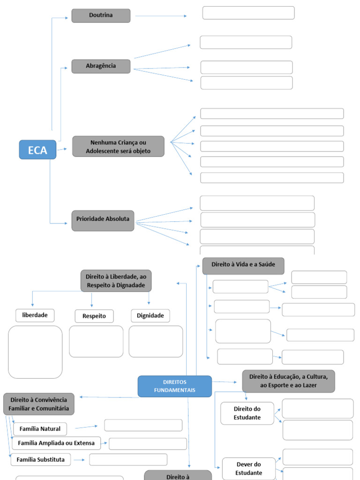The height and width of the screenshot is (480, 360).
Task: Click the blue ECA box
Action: (37, 150)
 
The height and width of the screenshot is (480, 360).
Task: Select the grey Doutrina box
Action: (101, 15)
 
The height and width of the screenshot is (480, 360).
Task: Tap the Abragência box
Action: (101, 66)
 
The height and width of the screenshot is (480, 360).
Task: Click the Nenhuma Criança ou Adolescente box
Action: (118, 146)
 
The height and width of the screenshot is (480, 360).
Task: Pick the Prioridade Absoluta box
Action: (103, 220)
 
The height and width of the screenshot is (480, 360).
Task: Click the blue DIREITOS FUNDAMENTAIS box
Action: (174, 386)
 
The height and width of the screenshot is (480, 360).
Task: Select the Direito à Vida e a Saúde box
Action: (243, 265)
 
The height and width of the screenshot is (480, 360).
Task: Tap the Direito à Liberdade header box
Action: (116, 281)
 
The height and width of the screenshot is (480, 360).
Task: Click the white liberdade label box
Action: (35, 315)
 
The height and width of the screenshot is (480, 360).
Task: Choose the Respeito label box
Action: (94, 316)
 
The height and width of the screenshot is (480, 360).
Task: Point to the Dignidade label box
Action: (150, 315)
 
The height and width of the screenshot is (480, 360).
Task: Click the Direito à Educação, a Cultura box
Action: (288, 381)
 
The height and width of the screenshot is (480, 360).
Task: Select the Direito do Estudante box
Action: (247, 413)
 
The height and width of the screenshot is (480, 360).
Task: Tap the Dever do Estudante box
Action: (248, 468)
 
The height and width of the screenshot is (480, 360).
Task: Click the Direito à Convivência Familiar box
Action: (39, 404)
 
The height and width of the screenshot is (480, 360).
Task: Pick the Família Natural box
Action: (40, 428)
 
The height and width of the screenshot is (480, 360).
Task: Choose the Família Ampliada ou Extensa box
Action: (56, 443)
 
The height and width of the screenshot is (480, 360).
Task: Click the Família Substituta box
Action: (40, 459)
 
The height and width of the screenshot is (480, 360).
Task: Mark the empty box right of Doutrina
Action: (248, 13)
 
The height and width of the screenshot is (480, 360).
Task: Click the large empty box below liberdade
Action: (35, 352)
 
